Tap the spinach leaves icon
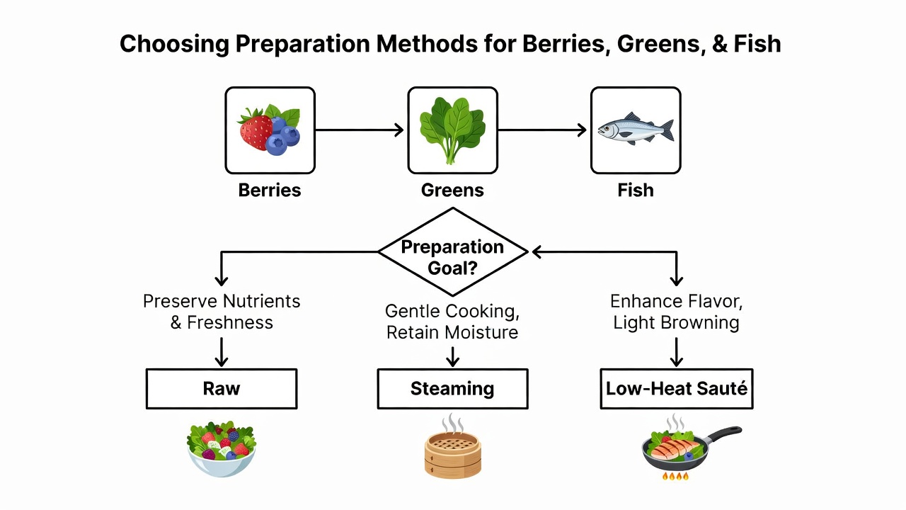(x=452, y=130)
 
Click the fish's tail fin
(x=667, y=130)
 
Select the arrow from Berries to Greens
(x=360, y=130)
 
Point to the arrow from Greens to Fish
(x=542, y=130)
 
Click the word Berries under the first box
(x=270, y=191)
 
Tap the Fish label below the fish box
(x=636, y=191)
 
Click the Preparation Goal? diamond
(x=453, y=251)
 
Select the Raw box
(x=222, y=389)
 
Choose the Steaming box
(x=452, y=389)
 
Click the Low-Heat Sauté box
(x=677, y=389)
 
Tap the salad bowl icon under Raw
(x=222, y=448)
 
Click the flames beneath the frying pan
(x=675, y=476)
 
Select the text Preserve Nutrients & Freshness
(x=222, y=312)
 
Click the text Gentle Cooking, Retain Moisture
(x=452, y=322)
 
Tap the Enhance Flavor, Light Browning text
(x=676, y=312)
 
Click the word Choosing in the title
(x=174, y=45)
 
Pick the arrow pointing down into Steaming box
(x=452, y=356)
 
